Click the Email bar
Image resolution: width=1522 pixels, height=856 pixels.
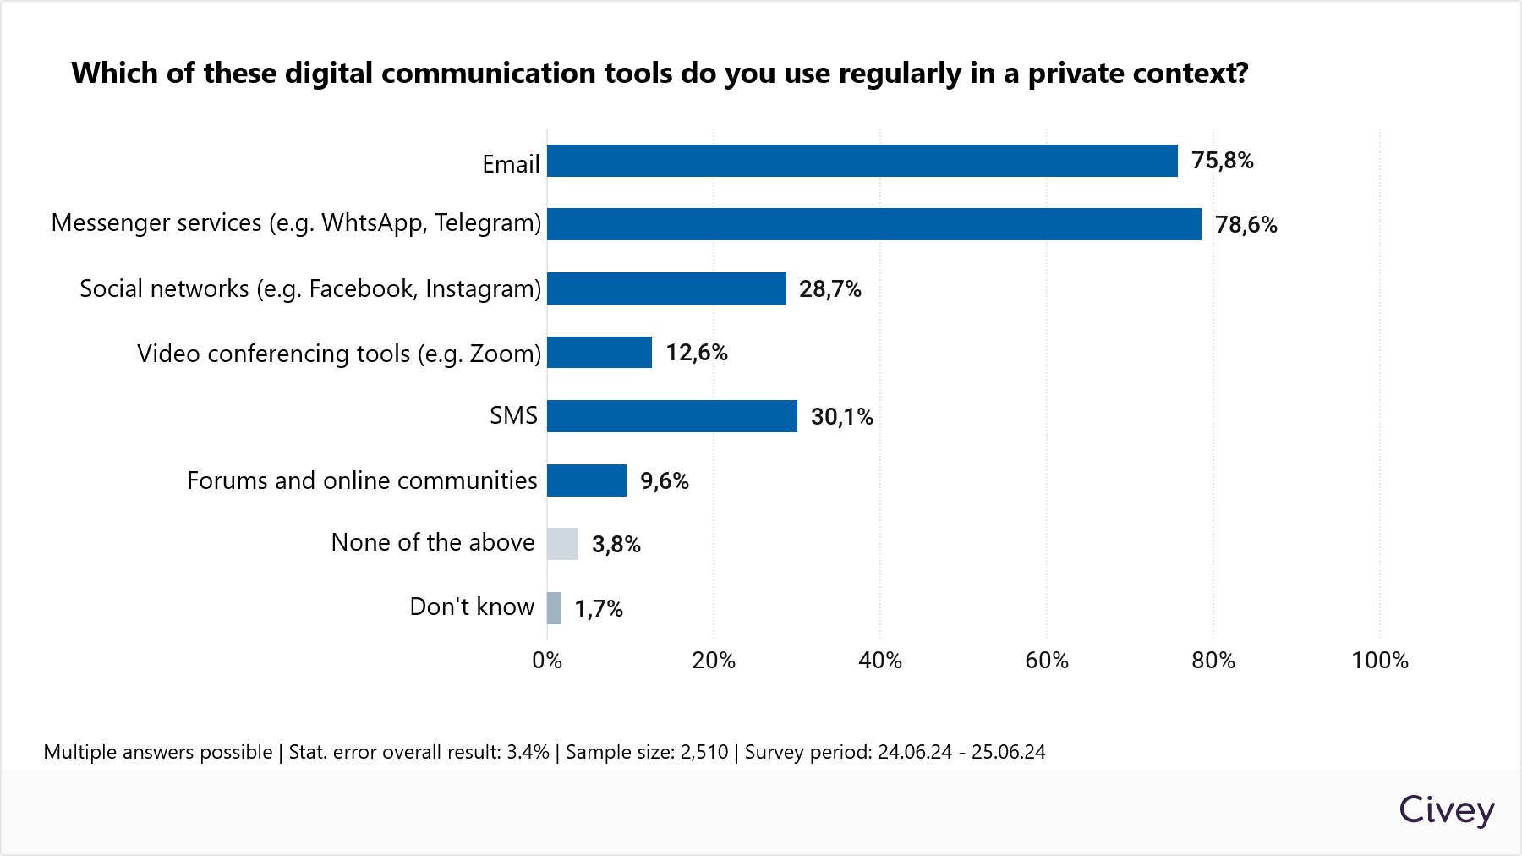pos(862,161)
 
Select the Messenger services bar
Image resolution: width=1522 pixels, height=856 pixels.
pos(873,224)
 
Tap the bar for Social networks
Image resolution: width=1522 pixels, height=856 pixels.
pos(666,288)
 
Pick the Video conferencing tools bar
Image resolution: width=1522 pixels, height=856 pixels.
pos(599,353)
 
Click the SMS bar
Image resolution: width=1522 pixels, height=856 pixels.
pos(671,416)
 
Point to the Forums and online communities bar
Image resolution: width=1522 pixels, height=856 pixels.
pos(587,480)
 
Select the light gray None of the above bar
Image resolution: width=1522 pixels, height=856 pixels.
pos(562,544)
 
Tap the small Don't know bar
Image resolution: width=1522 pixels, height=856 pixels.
pos(554,608)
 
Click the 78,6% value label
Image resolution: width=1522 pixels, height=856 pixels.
pos(1246,225)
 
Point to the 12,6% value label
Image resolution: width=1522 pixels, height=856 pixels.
pos(696,353)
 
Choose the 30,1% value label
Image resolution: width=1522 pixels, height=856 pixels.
pos(841,417)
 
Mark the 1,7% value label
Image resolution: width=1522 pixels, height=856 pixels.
pos(599,609)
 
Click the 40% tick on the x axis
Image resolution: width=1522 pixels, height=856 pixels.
pos(879,661)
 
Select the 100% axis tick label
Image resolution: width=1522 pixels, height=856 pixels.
pos(1379,661)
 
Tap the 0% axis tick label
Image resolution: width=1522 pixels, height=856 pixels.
pos(547,661)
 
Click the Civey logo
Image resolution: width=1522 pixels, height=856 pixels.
pos(1446,810)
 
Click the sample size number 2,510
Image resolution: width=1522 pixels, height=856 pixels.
pos(705,752)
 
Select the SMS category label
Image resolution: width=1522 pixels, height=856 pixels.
pos(513,415)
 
